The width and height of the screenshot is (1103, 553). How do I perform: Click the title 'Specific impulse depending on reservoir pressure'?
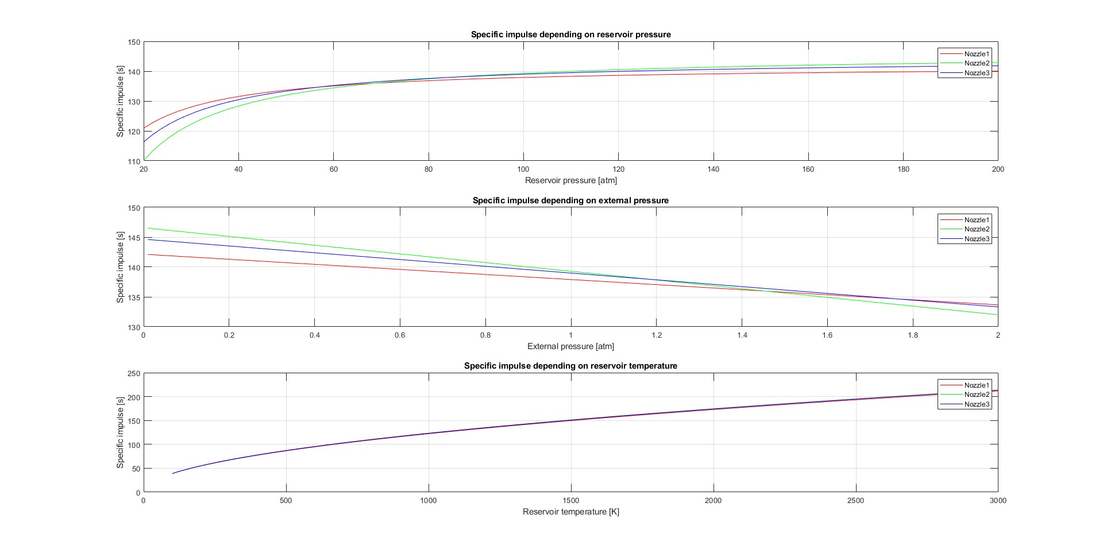pyautogui.click(x=570, y=34)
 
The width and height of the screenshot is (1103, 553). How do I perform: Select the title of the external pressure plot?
pyautogui.click(x=570, y=200)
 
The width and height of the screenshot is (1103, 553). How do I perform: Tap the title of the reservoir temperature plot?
pyautogui.click(x=570, y=366)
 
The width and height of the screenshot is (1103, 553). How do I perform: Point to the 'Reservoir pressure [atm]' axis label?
pyautogui.click(x=570, y=180)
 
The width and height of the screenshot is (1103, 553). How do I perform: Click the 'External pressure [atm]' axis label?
pyautogui.click(x=570, y=346)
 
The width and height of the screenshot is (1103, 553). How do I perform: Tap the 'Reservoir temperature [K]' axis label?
pyautogui.click(x=570, y=512)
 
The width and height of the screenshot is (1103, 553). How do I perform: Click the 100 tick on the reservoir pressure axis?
pyautogui.click(x=523, y=169)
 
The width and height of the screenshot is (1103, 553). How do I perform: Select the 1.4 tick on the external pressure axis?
pyautogui.click(x=742, y=335)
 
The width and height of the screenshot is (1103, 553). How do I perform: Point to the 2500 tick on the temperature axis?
pyautogui.click(x=855, y=500)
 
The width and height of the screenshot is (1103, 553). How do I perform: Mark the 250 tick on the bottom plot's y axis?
pyautogui.click(x=134, y=373)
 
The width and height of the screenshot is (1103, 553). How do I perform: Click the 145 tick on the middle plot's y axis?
pyautogui.click(x=134, y=238)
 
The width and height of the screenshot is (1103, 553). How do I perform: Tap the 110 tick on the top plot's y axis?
pyautogui.click(x=134, y=161)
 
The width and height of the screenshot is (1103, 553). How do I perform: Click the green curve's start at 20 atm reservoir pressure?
pyautogui.click(x=144, y=159)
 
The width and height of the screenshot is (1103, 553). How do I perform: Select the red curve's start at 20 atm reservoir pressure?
pyautogui.click(x=144, y=127)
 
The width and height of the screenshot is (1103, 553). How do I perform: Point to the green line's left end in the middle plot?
pyautogui.click(x=148, y=228)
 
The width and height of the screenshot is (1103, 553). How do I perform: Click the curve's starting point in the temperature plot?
pyautogui.click(x=172, y=473)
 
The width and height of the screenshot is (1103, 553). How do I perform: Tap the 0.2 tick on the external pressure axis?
pyautogui.click(x=229, y=335)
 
